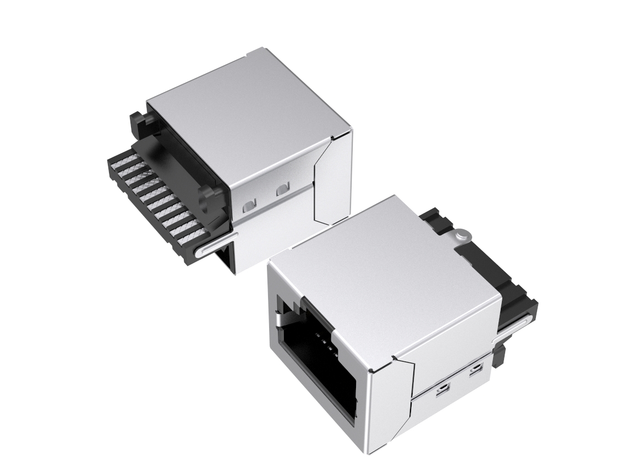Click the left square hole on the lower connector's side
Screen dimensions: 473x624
[441, 391]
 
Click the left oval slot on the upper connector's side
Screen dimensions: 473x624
[248, 206]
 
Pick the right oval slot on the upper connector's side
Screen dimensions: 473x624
[283, 189]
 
